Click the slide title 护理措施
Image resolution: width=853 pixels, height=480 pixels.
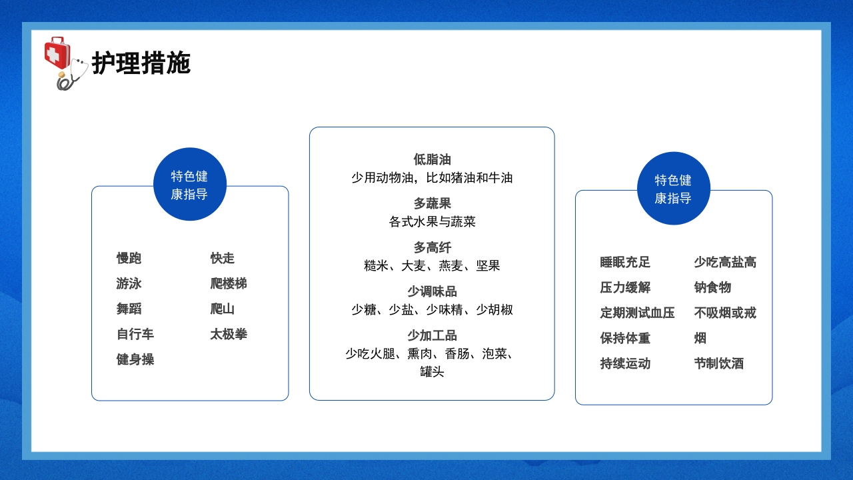pos(141,63)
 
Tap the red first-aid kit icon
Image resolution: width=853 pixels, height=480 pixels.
pos(57,53)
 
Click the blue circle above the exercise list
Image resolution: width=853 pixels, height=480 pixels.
pos(190,185)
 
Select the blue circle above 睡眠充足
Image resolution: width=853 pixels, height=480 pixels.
pos(673,189)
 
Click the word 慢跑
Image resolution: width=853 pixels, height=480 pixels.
pos(129,259)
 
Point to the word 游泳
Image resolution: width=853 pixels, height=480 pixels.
pos(129,284)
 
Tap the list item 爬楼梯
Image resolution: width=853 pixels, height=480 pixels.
pos(229,284)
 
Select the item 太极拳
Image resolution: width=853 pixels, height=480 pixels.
pos(229,335)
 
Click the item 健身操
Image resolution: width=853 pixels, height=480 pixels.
pos(135,360)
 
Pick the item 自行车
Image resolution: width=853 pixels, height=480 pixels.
pos(135,335)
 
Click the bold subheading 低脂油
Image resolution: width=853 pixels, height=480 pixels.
pos(432,160)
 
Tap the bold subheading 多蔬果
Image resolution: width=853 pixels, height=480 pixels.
pos(432,204)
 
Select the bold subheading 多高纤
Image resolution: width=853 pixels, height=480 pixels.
pos(432,248)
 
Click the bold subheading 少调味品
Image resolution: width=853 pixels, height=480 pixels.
pos(432,292)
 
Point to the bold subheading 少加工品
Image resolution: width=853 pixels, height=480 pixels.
pos(432,336)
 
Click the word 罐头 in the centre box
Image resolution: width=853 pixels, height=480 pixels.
pos(432,372)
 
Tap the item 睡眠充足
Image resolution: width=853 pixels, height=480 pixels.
pos(625,263)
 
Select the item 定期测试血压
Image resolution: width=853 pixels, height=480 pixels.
pos(637,313)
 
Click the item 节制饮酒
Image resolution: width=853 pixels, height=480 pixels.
pos(718,364)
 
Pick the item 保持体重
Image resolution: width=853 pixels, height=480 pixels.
pos(625,339)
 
